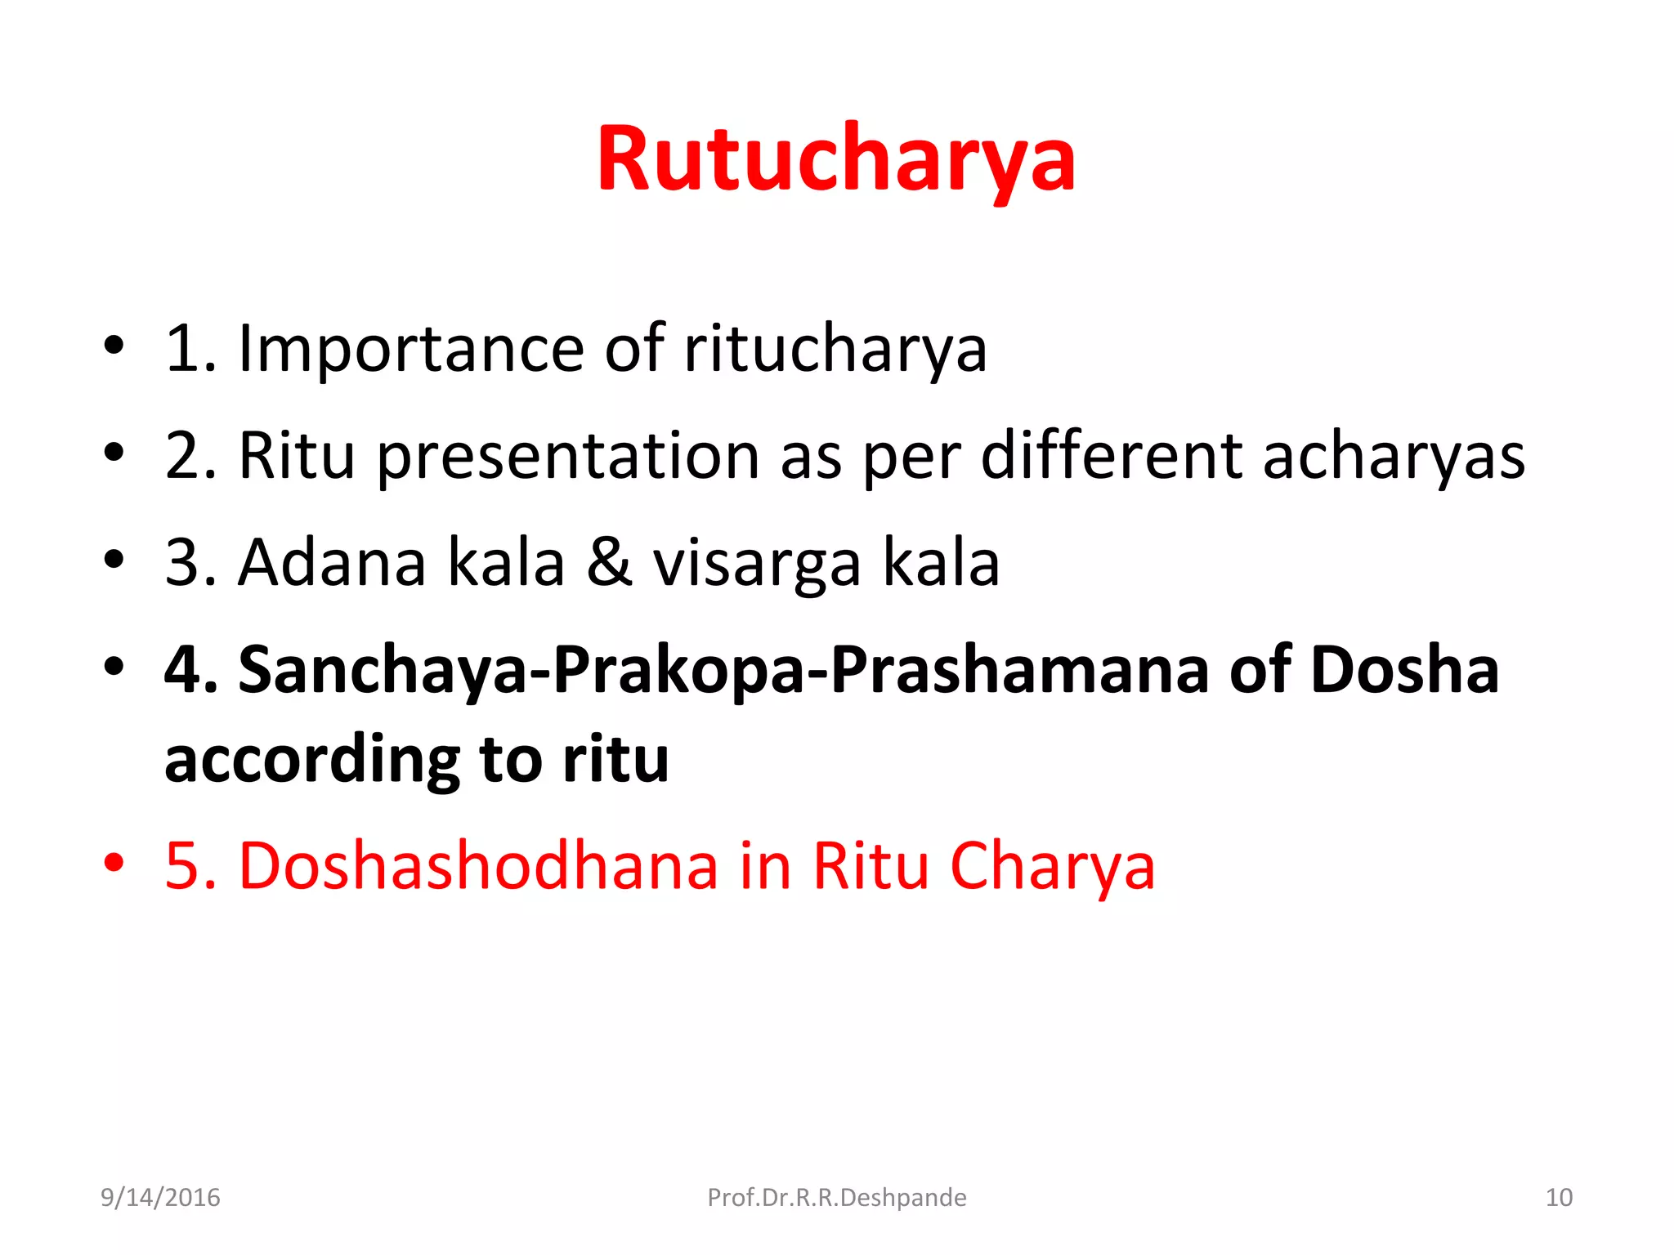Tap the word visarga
click(x=756, y=564)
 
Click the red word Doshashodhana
click(x=478, y=866)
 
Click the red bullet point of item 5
click(x=114, y=863)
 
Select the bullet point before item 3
click(x=114, y=561)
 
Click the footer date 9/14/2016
click(x=160, y=1197)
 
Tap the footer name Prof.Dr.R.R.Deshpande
click(x=836, y=1197)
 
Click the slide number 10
click(x=1559, y=1197)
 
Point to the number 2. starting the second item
click(x=190, y=456)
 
